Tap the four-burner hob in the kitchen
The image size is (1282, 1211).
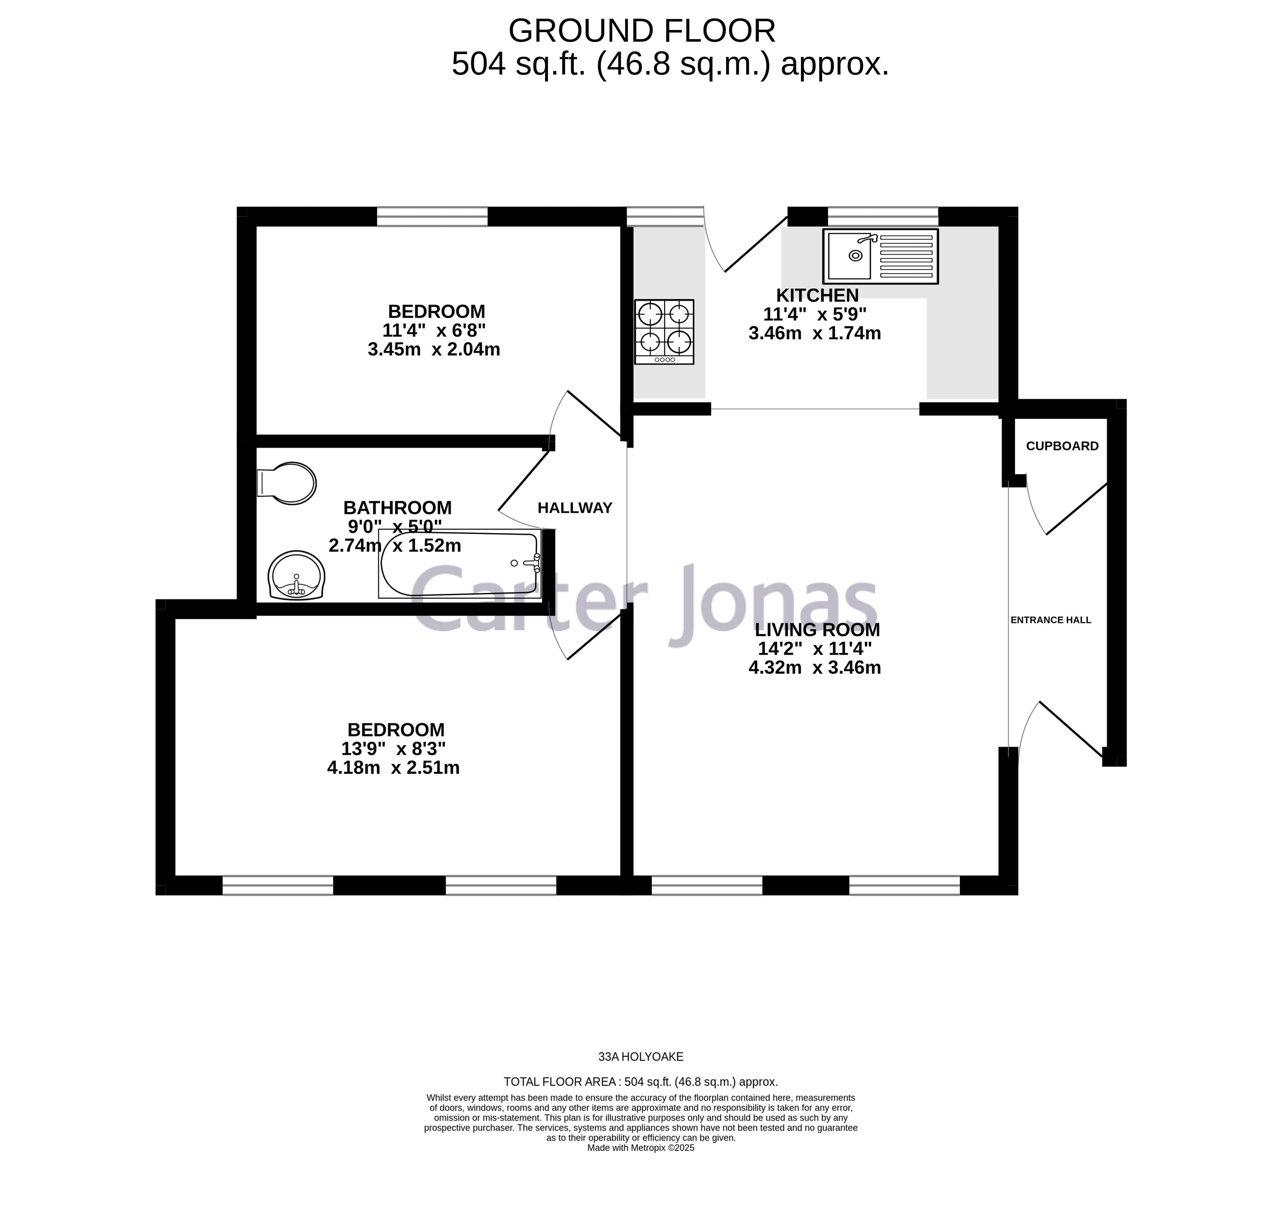pos(664,332)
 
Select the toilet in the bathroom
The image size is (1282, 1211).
pos(287,483)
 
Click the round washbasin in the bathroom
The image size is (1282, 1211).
pos(296,575)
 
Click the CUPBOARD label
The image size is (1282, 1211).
pos(1062,446)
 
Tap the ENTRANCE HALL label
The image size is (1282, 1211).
pos(1050,620)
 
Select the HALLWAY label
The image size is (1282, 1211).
pos(575,508)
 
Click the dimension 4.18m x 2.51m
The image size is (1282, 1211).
pos(393,768)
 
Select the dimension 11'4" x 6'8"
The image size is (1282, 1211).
pos(434,330)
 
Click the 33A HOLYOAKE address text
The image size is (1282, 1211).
pos(640,1057)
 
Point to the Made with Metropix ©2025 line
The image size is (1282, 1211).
pos(640,1148)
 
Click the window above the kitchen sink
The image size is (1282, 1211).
pos(882,216)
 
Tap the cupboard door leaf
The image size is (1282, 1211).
pos(1076,509)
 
